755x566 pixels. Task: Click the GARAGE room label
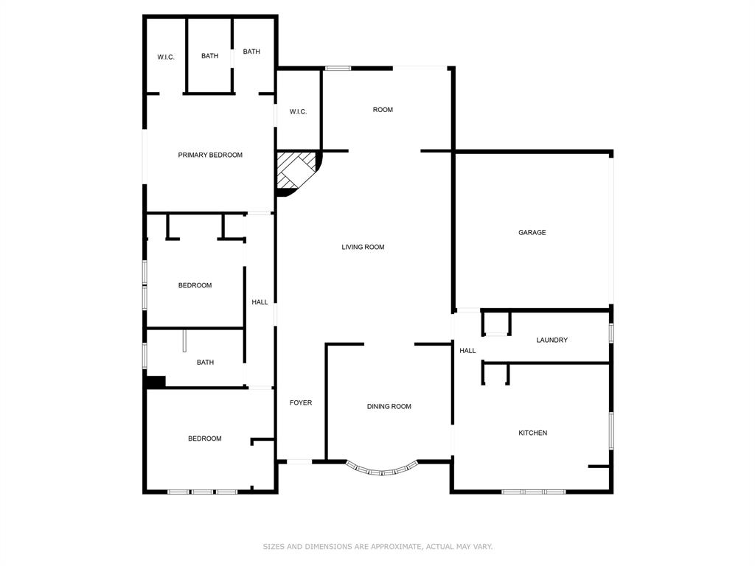532,232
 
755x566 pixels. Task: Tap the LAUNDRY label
552,340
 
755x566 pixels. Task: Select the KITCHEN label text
532,433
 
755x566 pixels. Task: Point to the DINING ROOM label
389,406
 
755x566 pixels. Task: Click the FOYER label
300,402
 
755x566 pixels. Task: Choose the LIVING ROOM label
363,247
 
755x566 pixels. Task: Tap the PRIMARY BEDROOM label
210,155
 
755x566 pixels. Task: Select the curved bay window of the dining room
382,469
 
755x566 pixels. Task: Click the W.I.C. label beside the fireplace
298,111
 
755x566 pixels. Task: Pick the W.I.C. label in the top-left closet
166,57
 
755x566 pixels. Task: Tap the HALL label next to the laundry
467,351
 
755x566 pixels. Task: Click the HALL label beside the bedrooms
260,301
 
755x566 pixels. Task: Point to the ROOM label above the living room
383,109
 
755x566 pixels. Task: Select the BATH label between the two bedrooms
205,362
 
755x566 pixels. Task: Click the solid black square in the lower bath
155,382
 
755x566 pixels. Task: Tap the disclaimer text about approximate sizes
377,546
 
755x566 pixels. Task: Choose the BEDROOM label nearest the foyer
204,439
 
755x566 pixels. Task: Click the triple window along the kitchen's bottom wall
534,491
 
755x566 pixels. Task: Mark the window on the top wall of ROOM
338,69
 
